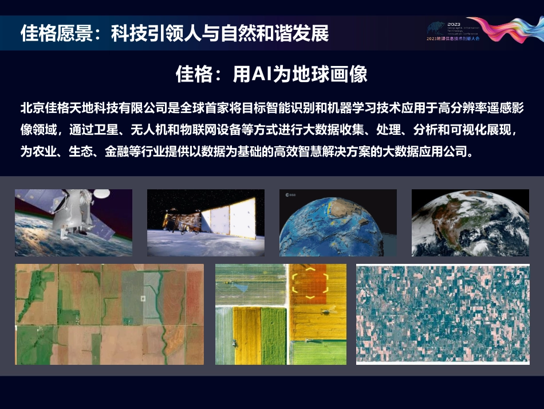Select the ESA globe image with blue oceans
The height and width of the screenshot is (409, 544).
click(338, 223)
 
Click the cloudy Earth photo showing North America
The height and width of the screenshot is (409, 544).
click(470, 223)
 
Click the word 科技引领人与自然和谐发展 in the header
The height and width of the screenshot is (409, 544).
click(220, 33)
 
